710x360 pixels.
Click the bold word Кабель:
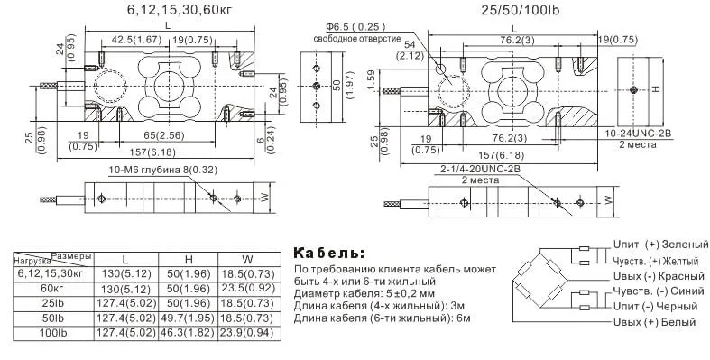click(330, 251)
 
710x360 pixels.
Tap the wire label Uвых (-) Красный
click(658, 275)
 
